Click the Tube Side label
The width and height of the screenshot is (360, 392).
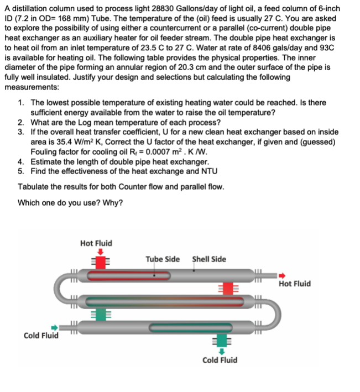click(162, 259)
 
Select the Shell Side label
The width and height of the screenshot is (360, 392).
click(208, 259)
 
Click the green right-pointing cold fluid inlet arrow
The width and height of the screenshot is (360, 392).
click(54, 327)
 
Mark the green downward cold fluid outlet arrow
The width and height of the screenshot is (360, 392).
click(222, 351)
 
